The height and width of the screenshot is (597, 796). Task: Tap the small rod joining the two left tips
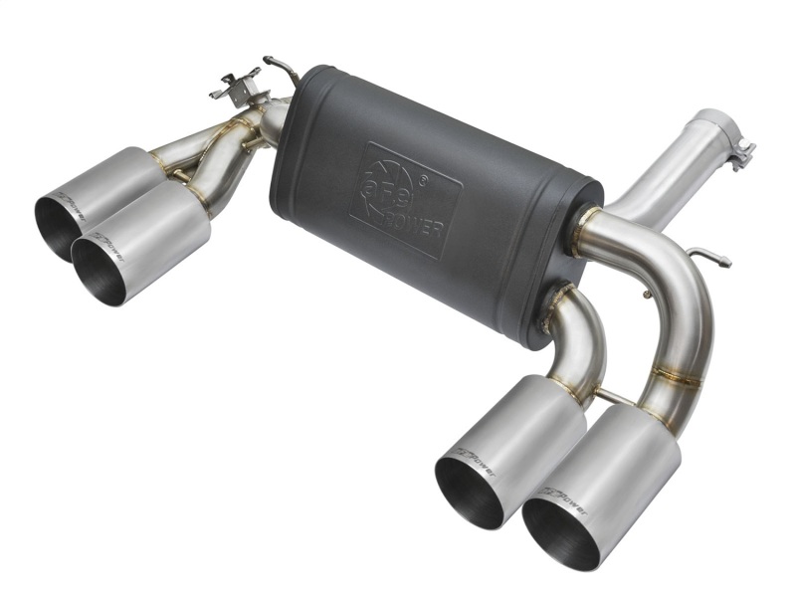[x=179, y=178]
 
